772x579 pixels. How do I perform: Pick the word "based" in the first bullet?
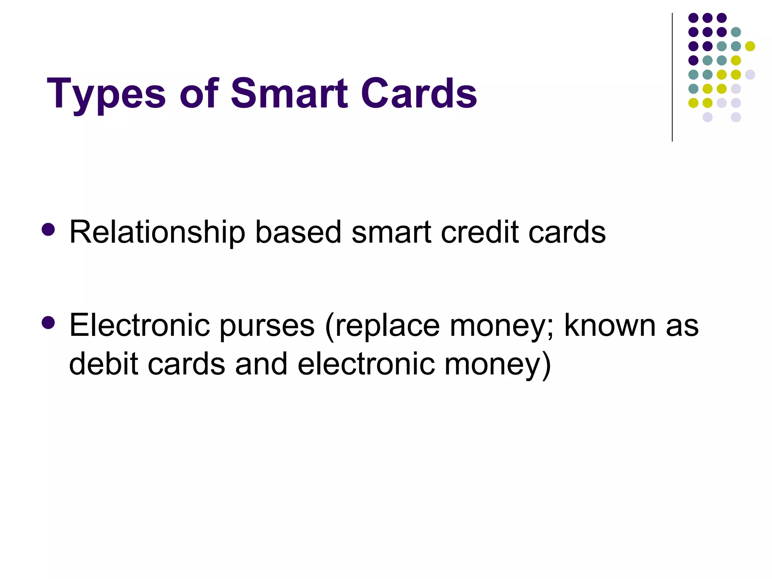coord(298,232)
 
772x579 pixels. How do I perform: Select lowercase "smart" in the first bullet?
coord(391,232)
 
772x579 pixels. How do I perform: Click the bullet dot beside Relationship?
coord(48,229)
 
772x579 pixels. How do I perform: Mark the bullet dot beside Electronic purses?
coord(48,323)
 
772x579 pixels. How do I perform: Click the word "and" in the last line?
coord(261,364)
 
